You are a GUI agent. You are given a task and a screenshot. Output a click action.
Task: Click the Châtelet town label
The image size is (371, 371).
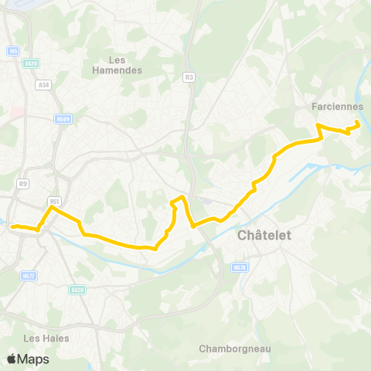tap(265, 235)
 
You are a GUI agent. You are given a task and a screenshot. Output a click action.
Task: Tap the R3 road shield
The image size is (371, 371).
tap(189, 77)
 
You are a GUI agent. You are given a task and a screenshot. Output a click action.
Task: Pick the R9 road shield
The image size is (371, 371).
tap(23, 184)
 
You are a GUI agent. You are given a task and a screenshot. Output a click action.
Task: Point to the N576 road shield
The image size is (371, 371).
tap(239, 267)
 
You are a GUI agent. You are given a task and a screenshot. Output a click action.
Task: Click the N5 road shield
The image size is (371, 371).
tap(13, 51)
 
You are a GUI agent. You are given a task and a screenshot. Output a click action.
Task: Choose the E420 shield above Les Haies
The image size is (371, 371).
tap(76, 290)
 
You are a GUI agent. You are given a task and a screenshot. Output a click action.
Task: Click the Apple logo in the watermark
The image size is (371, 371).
tap(12, 359)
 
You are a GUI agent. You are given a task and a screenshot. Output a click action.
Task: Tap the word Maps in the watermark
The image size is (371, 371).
tap(33, 359)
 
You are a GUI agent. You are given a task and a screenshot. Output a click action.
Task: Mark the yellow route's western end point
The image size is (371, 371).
tap(12, 226)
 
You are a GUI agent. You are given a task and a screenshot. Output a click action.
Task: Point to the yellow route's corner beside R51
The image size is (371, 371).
tap(52, 207)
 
